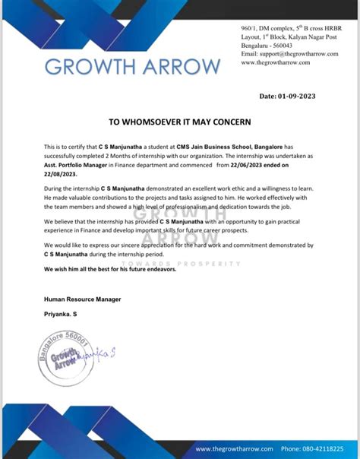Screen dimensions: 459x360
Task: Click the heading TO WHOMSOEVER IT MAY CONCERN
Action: click(x=180, y=122)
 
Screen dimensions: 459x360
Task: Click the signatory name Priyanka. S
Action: click(x=60, y=314)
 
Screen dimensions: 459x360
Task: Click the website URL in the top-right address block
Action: click(x=275, y=63)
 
